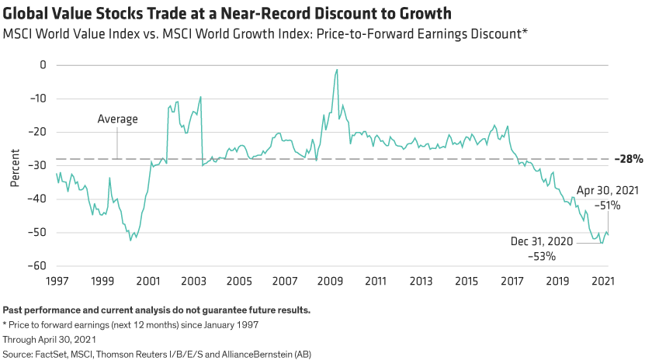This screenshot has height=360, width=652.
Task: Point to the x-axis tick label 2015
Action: (x=466, y=280)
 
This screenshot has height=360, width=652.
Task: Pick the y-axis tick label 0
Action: (x=42, y=65)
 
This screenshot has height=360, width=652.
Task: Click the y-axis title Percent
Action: (x=14, y=165)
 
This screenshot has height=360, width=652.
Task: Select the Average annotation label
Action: (x=117, y=119)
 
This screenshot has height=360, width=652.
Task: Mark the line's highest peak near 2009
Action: (x=336, y=70)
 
